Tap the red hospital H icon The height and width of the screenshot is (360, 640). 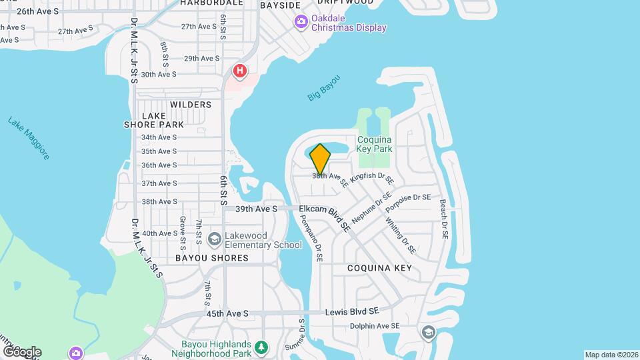click(x=239, y=70)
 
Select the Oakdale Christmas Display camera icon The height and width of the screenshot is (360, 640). click(x=301, y=23)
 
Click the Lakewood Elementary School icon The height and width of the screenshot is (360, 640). click(x=215, y=239)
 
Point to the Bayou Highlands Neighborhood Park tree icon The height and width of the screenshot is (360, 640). click(x=262, y=347)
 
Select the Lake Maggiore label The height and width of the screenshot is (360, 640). click(x=29, y=139)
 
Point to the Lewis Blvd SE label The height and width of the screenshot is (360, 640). click(x=351, y=311)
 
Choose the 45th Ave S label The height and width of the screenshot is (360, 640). click(x=227, y=313)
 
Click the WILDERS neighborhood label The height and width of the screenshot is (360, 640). click(x=191, y=105)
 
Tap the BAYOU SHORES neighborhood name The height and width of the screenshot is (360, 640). click(x=203, y=257)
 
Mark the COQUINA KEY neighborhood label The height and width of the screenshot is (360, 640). click(x=379, y=268)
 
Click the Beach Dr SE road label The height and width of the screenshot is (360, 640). click(x=444, y=221)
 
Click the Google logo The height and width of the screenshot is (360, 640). click(x=22, y=351)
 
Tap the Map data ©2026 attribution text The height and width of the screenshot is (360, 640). click(x=610, y=355)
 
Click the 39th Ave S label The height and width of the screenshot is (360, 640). click(x=256, y=209)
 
